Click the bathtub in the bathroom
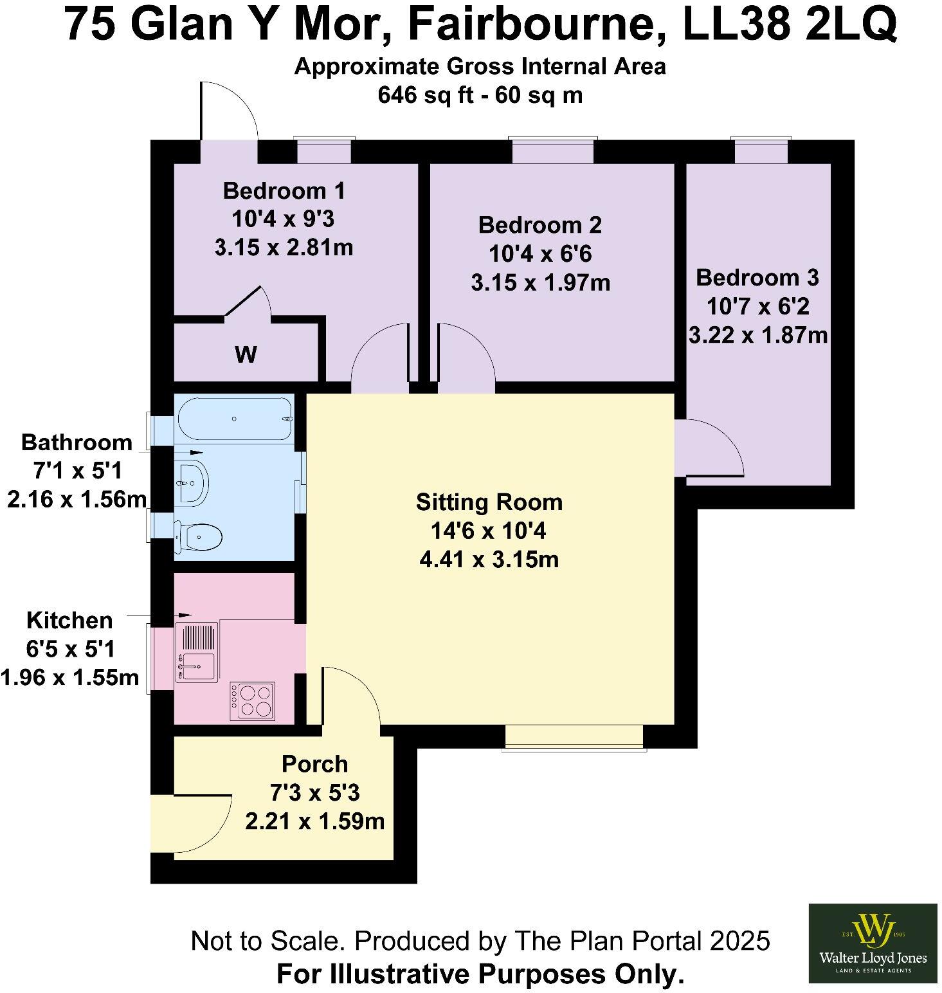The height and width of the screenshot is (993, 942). (x=235, y=419)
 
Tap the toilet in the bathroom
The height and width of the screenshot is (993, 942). (x=199, y=535)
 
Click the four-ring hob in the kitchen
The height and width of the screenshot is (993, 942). (x=256, y=700)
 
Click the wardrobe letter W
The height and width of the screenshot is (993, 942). (x=246, y=354)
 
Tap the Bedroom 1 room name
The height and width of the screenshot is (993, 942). (x=284, y=191)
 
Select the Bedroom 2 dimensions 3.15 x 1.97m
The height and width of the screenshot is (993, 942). (x=540, y=282)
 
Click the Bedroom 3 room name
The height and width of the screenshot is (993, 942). (x=757, y=278)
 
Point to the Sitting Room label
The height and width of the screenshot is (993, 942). (x=489, y=502)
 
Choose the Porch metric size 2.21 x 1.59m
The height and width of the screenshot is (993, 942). (x=314, y=821)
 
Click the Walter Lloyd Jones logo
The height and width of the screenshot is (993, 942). (x=873, y=943)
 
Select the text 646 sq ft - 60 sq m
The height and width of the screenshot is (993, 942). (x=480, y=95)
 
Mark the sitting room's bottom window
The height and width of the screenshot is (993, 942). (x=575, y=737)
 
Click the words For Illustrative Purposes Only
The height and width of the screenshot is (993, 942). (x=480, y=974)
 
